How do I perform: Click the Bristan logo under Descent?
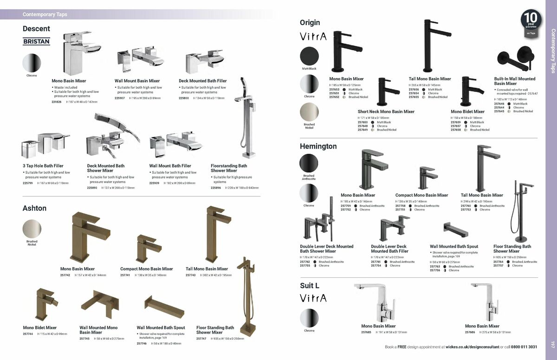pos(36,41)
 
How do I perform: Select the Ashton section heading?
pos(34,208)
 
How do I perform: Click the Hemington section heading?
pos(318,146)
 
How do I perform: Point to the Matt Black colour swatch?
pos(309,56)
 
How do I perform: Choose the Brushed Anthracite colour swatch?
pos(309,163)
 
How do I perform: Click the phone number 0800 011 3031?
pos(521,347)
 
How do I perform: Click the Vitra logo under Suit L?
pos(313,298)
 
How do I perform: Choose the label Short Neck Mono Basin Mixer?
pos(386,111)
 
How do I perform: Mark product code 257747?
pos(201,339)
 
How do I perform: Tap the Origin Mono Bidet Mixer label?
pos(467,111)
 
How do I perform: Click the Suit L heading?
pos(309,286)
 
